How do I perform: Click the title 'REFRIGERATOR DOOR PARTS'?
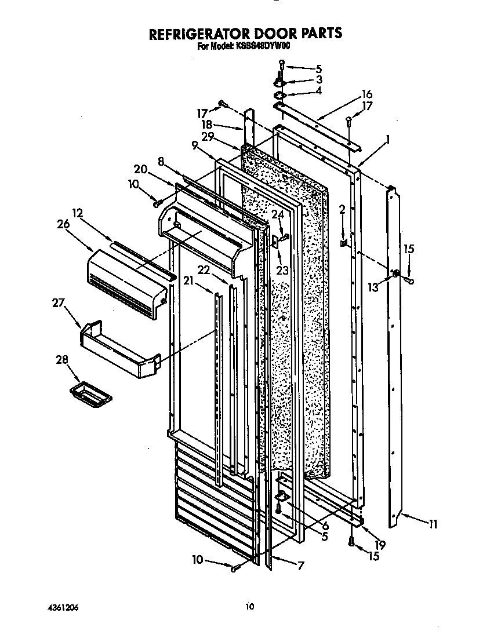(246, 34)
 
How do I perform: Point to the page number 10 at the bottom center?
(249, 607)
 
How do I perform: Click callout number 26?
(63, 225)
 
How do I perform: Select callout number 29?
(208, 137)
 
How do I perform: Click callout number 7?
(300, 566)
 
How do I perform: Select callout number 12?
(78, 212)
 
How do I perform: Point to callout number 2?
(342, 209)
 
